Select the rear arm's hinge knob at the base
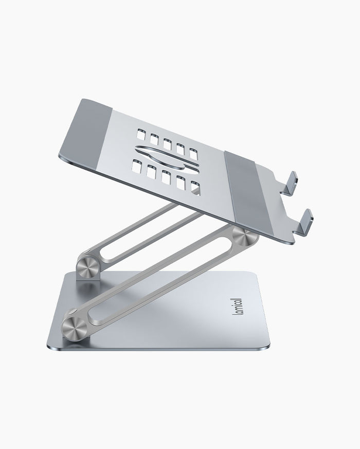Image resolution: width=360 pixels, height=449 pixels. pyautogui.click(x=86, y=263)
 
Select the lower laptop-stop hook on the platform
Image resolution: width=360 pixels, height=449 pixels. pyautogui.click(x=304, y=220)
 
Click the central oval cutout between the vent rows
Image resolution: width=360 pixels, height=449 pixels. pyautogui.click(x=167, y=157)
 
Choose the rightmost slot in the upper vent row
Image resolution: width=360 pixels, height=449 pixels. pyautogui.click(x=193, y=153)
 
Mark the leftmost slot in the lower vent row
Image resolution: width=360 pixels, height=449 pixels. pyautogui.click(x=137, y=166)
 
